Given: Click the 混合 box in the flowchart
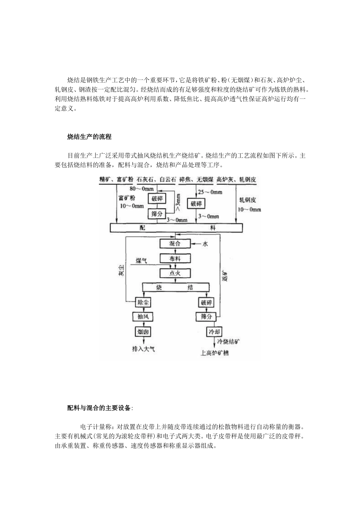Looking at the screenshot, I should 175,244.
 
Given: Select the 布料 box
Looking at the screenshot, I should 175,258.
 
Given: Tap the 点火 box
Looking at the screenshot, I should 175,273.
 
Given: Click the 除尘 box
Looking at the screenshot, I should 143,302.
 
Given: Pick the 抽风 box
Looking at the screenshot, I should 143,317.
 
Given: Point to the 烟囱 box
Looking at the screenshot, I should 143,332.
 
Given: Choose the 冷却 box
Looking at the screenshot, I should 214,332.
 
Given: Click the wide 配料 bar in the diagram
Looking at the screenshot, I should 176,228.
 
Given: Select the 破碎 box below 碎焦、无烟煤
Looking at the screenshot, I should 196,204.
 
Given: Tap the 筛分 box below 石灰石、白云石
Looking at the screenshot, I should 157,214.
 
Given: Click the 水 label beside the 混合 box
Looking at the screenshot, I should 205,244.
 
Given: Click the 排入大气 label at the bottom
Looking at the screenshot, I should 143,349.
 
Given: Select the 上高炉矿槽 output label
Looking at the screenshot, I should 215,353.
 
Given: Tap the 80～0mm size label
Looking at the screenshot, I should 142,188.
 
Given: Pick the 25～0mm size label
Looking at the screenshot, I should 210,192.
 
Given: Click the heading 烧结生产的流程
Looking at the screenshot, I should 89,137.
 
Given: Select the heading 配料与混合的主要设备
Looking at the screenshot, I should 100,408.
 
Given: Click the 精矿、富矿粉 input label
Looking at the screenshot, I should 116,180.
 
